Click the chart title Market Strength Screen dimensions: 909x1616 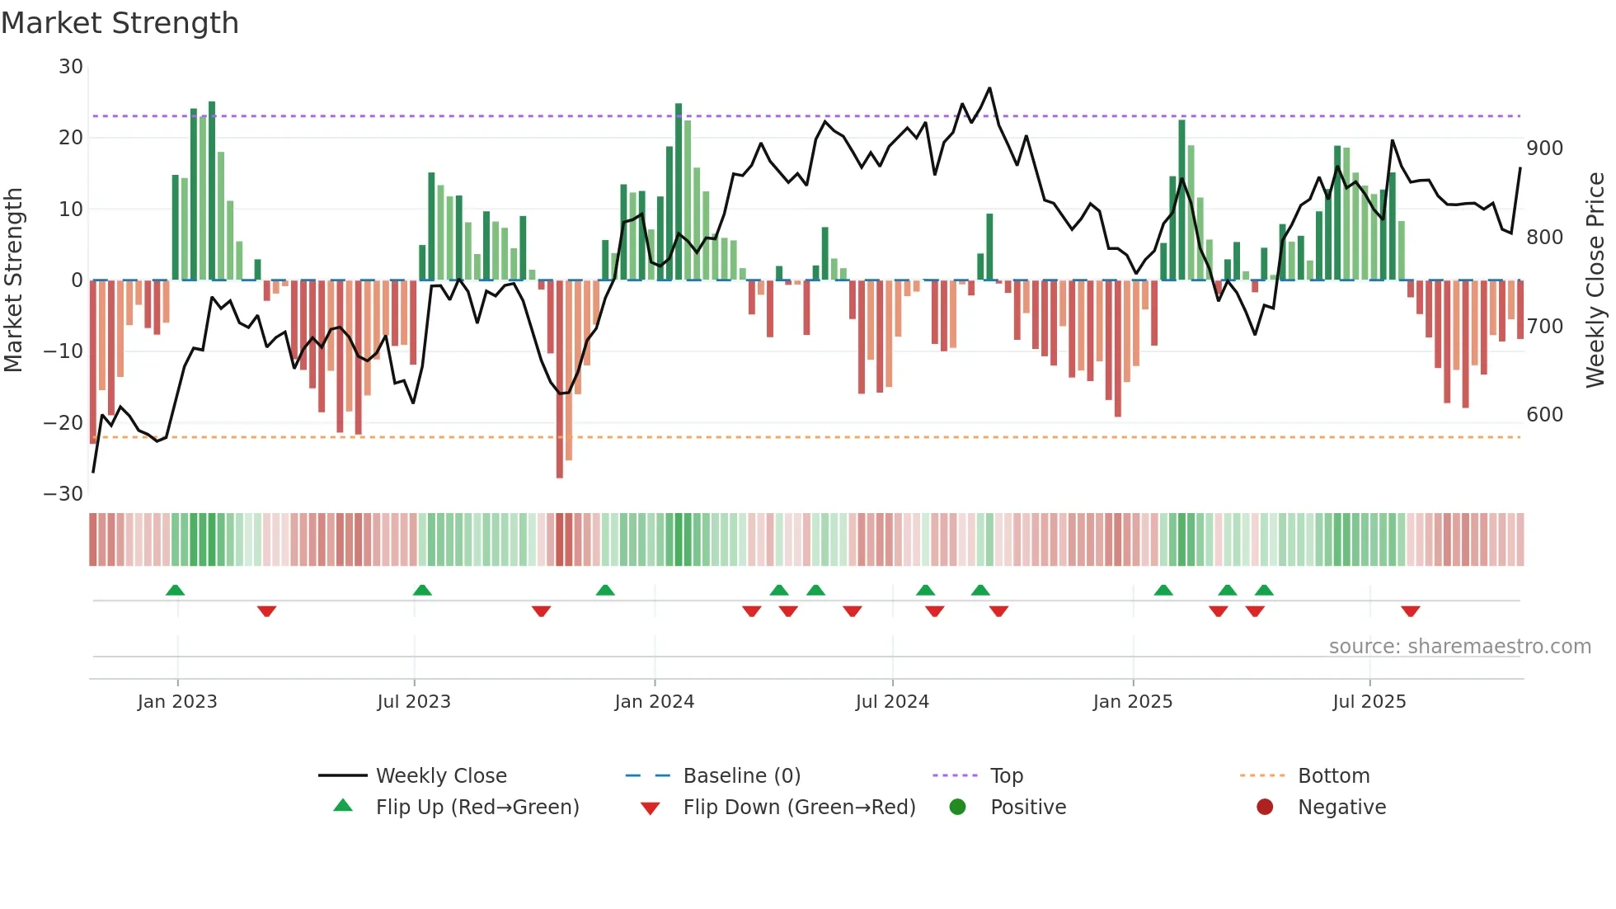click(120, 23)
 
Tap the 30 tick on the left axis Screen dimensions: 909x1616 click(71, 67)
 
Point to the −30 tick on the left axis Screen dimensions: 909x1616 click(63, 494)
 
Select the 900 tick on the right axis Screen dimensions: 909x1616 click(1544, 148)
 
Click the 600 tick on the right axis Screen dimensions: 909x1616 click(1544, 415)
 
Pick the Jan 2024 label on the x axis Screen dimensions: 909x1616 click(655, 702)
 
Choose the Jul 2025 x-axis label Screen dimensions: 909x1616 click(1369, 702)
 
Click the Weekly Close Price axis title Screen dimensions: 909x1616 click(1595, 280)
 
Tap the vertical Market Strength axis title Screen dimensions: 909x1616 click(14, 280)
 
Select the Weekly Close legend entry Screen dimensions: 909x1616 click(441, 776)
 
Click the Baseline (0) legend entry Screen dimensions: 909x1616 click(741, 776)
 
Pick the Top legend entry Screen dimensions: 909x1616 click(1006, 776)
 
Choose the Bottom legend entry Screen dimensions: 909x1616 click(1333, 776)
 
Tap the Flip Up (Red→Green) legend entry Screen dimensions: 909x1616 click(477, 808)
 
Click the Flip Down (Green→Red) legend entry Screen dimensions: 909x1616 click(799, 808)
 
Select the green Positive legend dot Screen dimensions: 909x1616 click(957, 808)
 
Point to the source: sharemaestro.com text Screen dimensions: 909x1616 click(1459, 647)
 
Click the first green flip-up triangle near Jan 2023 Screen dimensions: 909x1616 click(175, 590)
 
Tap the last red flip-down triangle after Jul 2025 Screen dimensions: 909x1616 click(1410, 611)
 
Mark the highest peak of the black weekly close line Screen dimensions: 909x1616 click(989, 88)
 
